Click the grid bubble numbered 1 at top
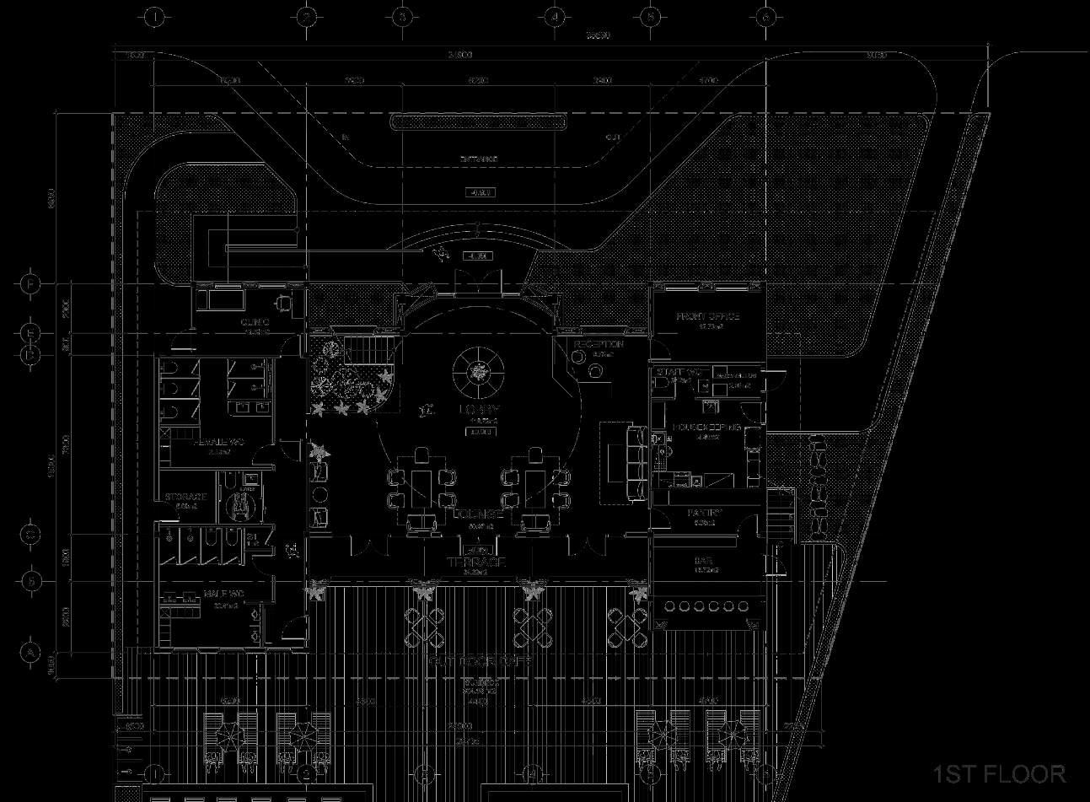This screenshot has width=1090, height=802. (153, 17)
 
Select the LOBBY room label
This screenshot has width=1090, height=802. (478, 410)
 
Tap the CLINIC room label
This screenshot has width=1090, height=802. (255, 323)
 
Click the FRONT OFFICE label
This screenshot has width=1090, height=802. (708, 317)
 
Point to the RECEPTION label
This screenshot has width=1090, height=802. (599, 345)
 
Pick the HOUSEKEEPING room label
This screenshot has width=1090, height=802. (706, 428)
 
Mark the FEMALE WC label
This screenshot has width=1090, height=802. (218, 441)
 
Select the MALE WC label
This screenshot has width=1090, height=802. (223, 595)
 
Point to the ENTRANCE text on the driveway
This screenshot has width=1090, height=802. (478, 159)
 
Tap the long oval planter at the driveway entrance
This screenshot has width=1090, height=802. (478, 122)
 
